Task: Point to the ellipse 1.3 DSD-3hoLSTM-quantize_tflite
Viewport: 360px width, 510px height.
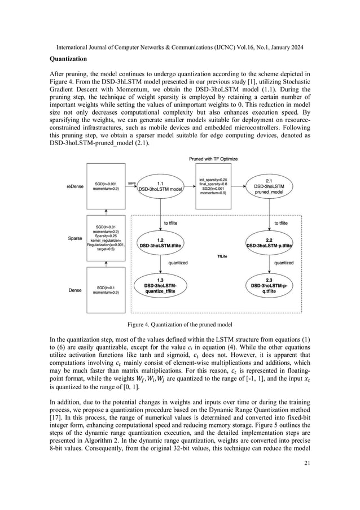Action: pos(160,288)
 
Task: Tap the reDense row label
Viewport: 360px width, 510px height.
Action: pos(76,186)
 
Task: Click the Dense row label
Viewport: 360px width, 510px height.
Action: pos(76,290)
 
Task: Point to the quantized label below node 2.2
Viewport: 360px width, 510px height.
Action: pos(283,263)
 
